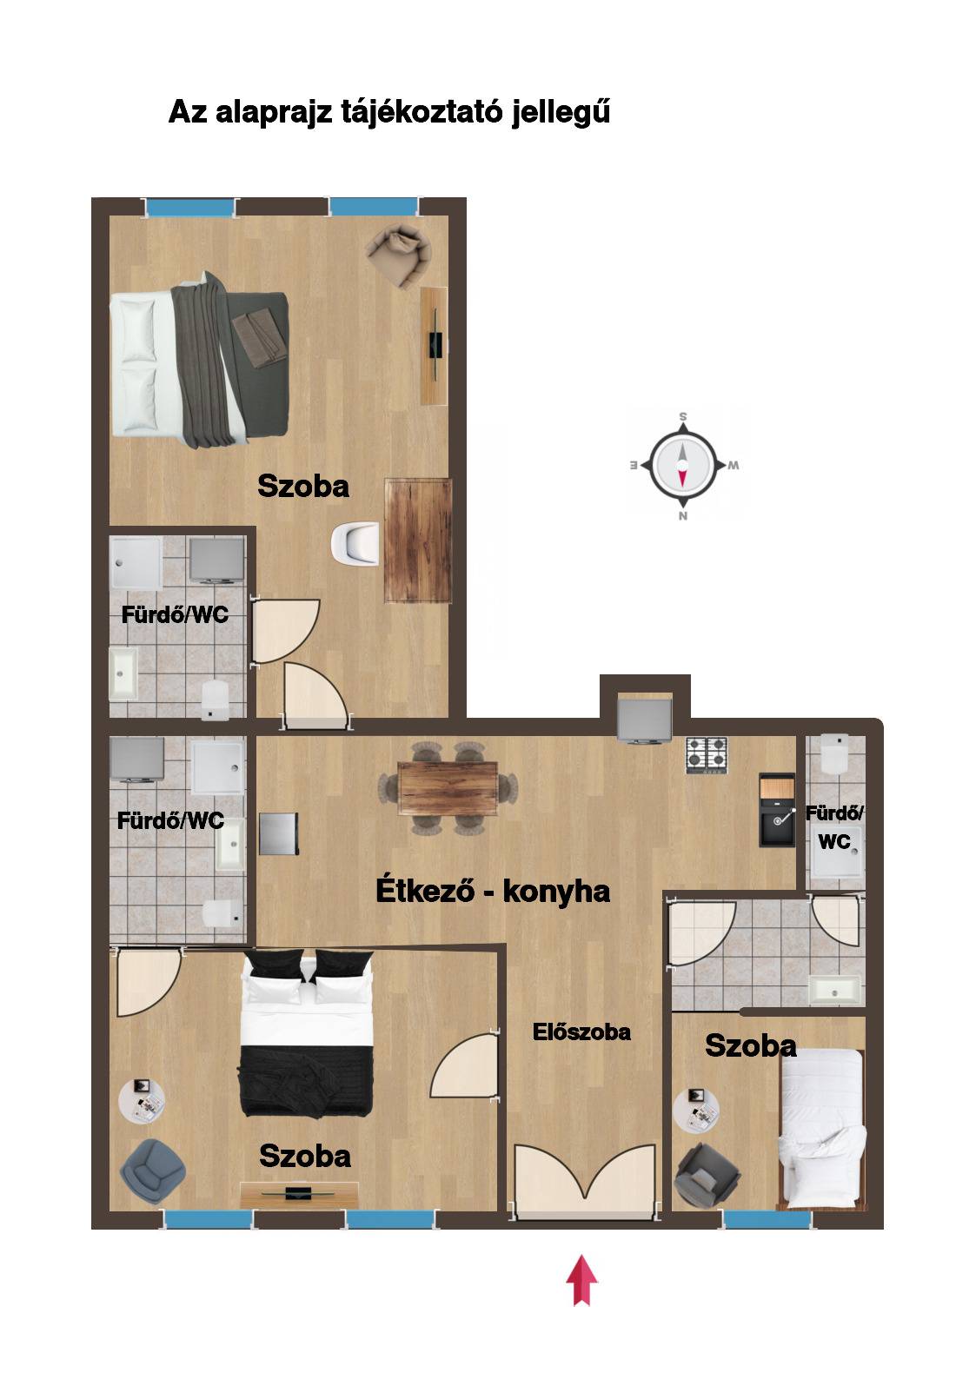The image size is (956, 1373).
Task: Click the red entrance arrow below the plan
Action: [x=581, y=1279]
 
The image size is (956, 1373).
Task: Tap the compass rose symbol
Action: [x=682, y=465]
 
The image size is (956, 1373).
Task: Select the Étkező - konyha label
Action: [x=493, y=891]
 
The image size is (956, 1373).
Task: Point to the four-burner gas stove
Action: [x=706, y=754]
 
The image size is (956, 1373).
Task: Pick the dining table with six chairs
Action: [x=447, y=788]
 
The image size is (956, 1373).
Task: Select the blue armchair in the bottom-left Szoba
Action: [x=151, y=1164]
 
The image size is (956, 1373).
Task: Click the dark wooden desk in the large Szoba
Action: [x=418, y=540]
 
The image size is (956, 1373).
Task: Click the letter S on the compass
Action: [x=682, y=417]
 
